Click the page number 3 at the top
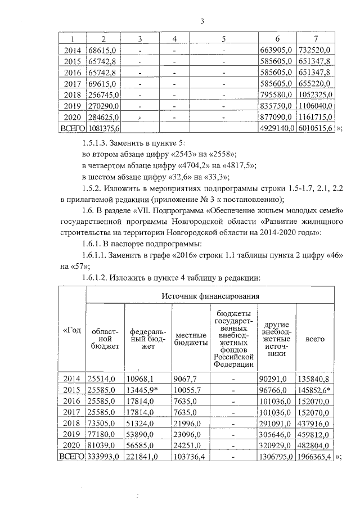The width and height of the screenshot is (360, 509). pyautogui.click(x=202, y=22)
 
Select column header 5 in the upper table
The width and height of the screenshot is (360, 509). pyautogui.click(x=223, y=39)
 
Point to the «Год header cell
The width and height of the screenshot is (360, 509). pyautogui.click(x=71, y=329)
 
